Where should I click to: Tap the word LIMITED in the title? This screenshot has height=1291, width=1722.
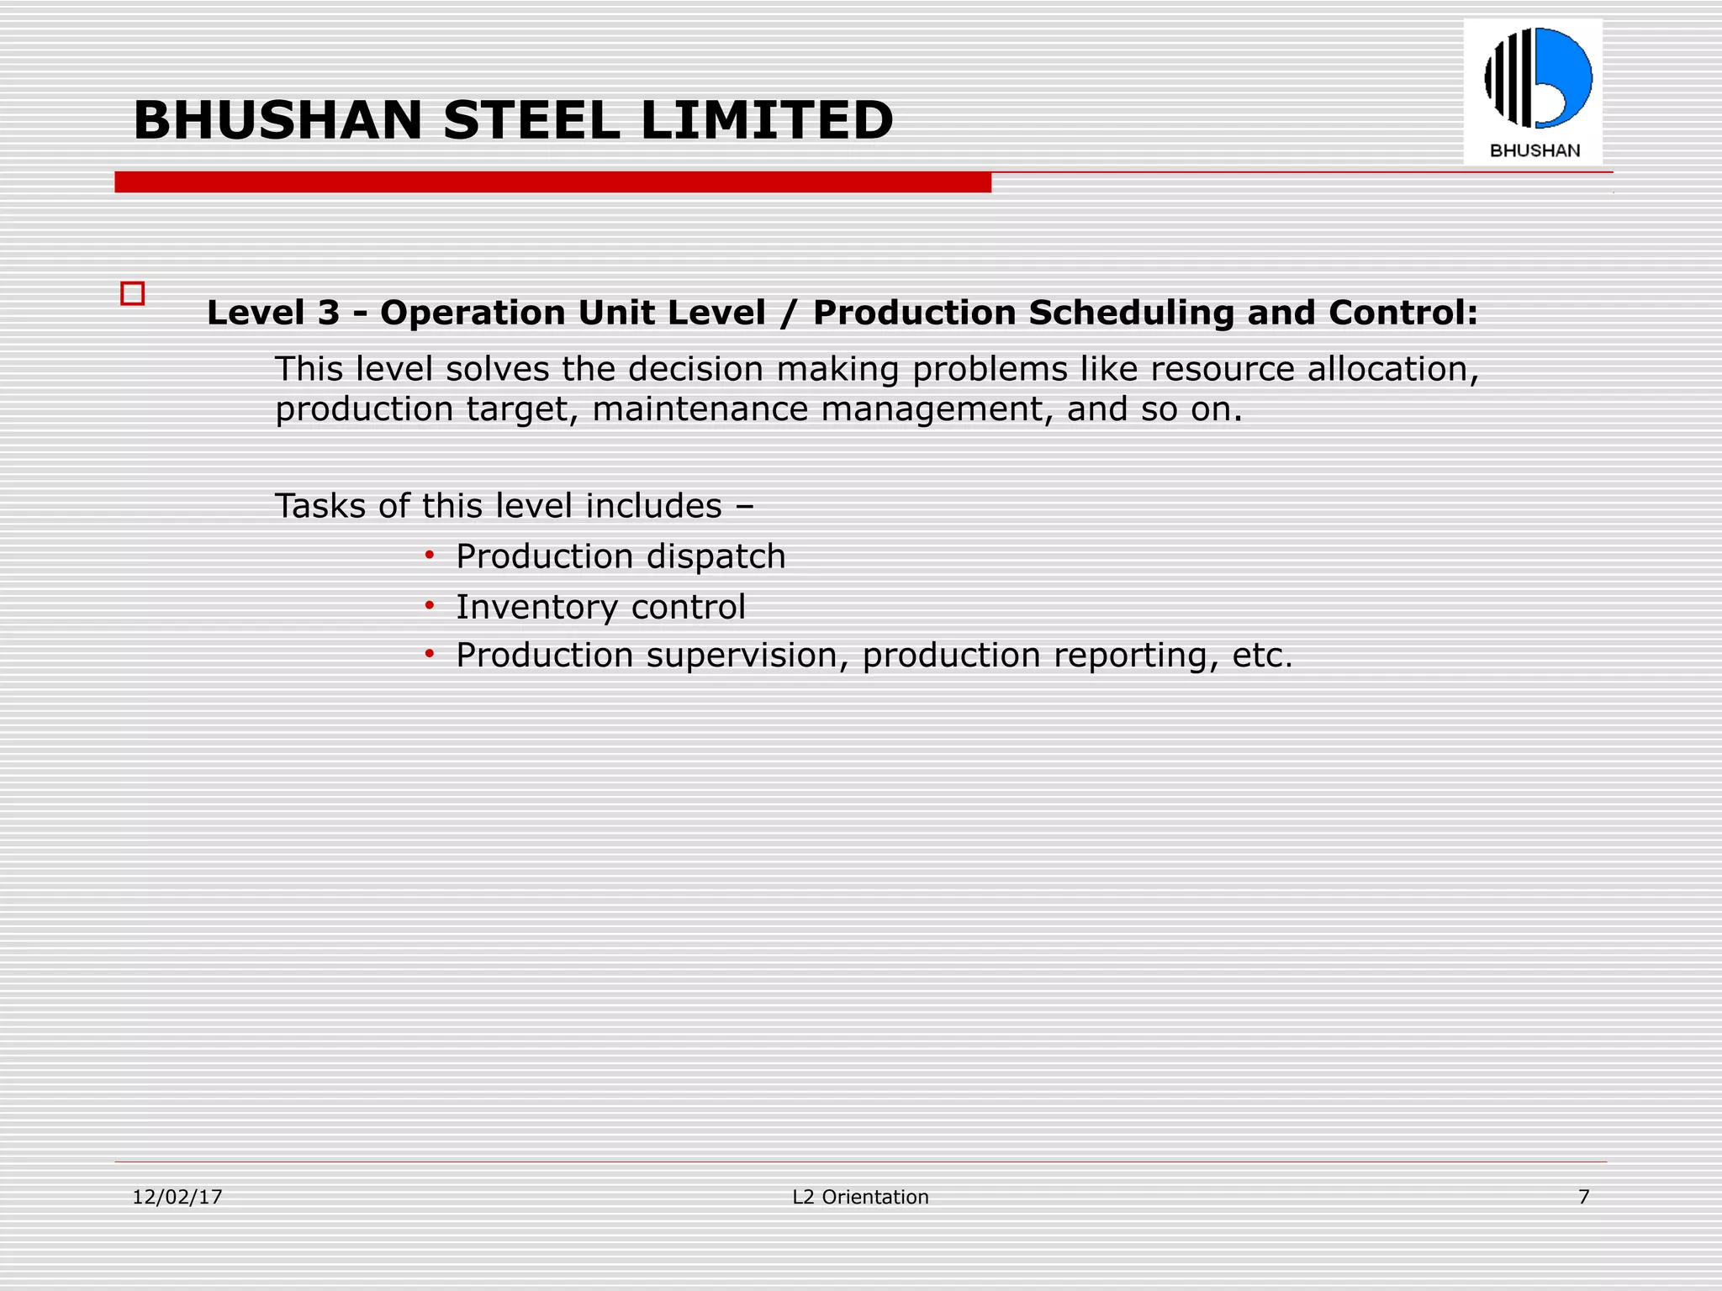point(767,120)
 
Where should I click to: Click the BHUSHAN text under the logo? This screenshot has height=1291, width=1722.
point(1534,151)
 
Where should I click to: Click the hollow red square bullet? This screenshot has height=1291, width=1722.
point(133,293)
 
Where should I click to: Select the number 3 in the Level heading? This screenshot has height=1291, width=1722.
point(329,313)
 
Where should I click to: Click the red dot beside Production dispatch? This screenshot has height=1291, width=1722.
point(430,555)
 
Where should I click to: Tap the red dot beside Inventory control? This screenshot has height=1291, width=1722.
point(430,604)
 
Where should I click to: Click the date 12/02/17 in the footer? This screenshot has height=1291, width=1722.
point(177,1197)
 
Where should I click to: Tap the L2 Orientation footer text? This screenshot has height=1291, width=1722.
point(860,1197)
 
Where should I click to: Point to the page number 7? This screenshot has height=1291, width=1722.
point(1584,1197)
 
